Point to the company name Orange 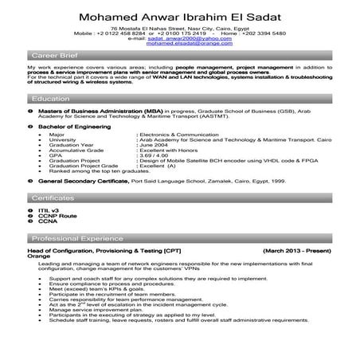pyautogui.click(x=37, y=256)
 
